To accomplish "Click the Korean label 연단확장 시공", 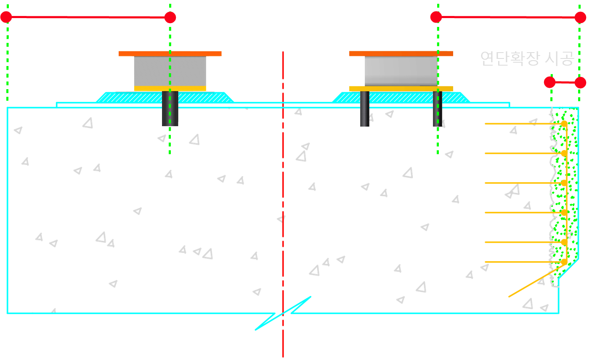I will point(527,58).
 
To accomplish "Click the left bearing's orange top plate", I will point(170,53).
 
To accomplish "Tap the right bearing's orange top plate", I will point(401,53).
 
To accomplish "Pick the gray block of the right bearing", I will point(401,71).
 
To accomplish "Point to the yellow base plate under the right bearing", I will point(401,88).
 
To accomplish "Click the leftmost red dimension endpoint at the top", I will point(6,17).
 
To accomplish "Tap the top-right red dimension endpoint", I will point(580,17).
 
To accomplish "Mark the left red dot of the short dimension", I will point(550,82).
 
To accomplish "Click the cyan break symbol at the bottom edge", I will point(283,313).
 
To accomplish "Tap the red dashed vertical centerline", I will point(283,168).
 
